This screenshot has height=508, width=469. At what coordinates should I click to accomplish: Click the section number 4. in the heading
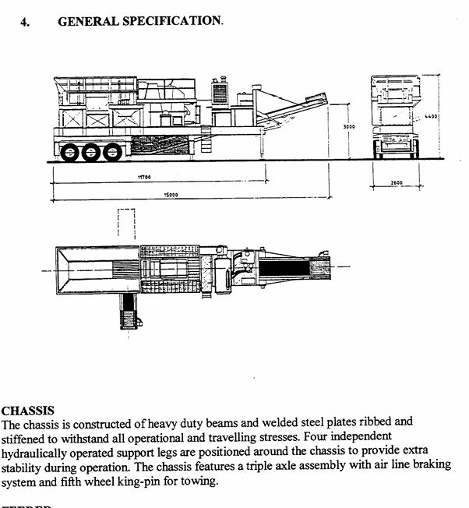(x=26, y=22)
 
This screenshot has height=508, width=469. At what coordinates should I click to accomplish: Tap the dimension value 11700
(x=144, y=178)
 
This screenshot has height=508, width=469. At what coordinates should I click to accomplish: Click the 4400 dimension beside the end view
(x=432, y=117)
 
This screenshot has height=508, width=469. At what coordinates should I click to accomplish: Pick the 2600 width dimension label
(x=397, y=184)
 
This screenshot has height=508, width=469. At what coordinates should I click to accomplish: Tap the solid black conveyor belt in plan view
(x=284, y=269)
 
